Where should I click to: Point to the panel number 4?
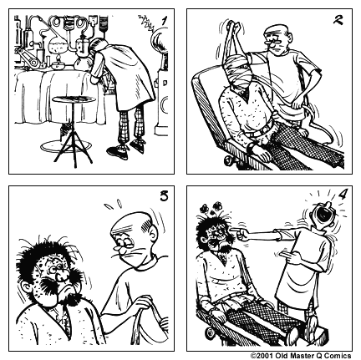coord(339,199)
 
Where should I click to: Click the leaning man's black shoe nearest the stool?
coord(117,151)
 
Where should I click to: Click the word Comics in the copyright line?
coord(338,354)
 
